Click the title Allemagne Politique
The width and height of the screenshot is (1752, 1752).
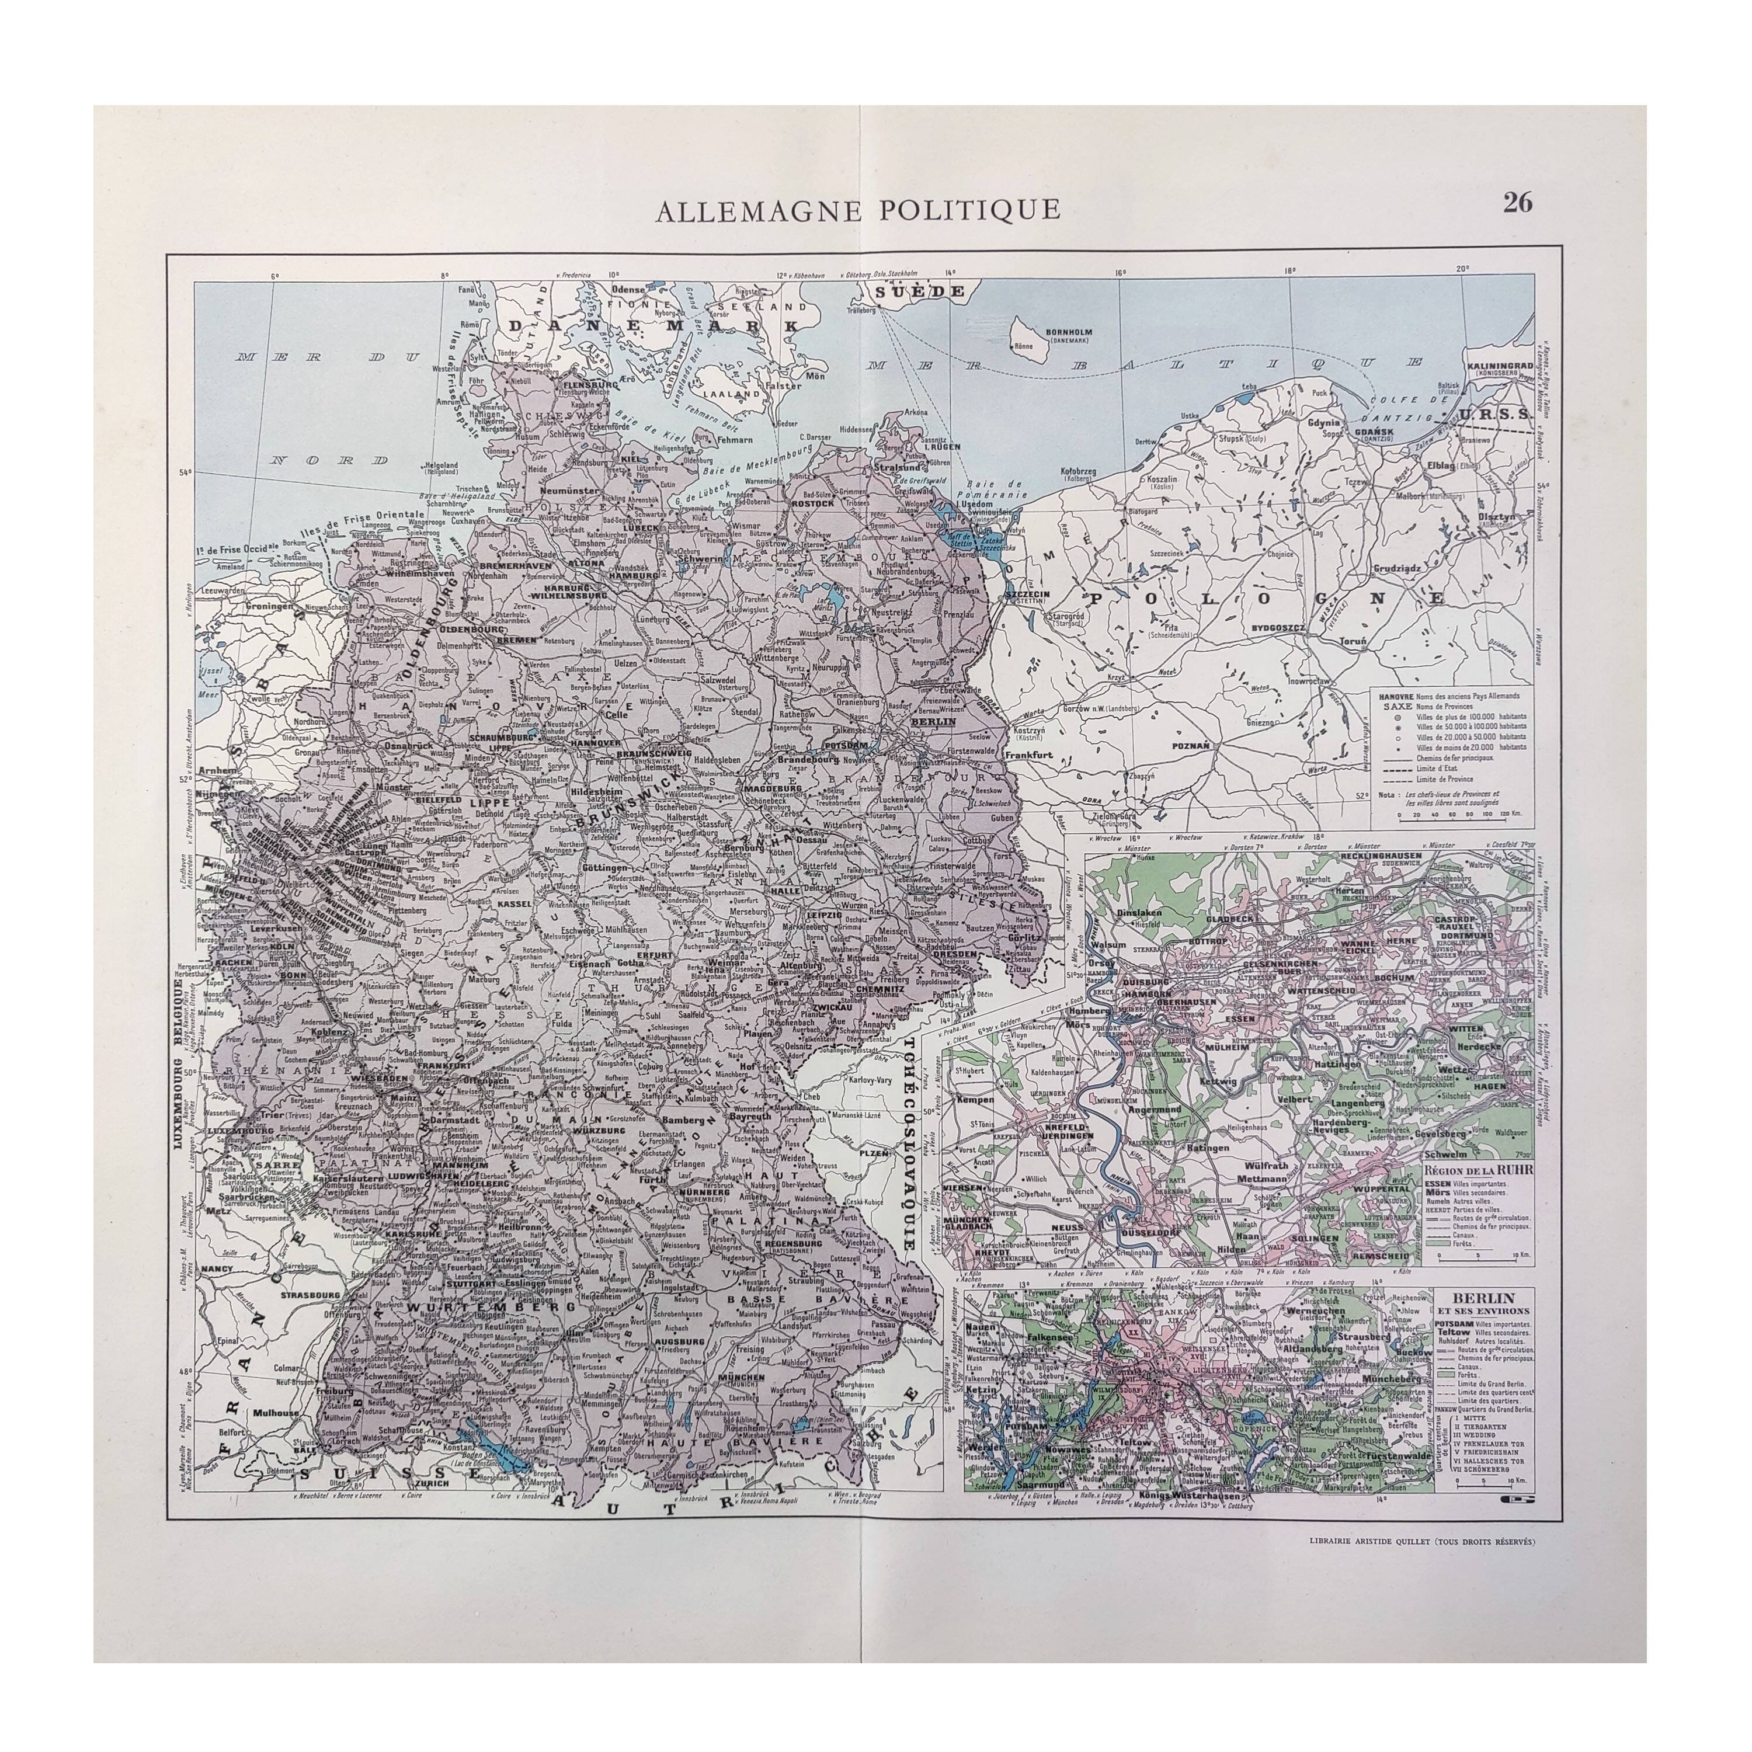point(857,210)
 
